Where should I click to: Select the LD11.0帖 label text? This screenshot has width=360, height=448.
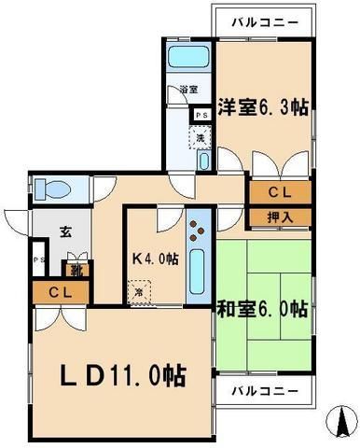(x=124, y=376)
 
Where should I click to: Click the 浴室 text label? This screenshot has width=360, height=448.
(x=189, y=91)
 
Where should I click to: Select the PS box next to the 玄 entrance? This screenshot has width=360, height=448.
(x=37, y=259)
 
